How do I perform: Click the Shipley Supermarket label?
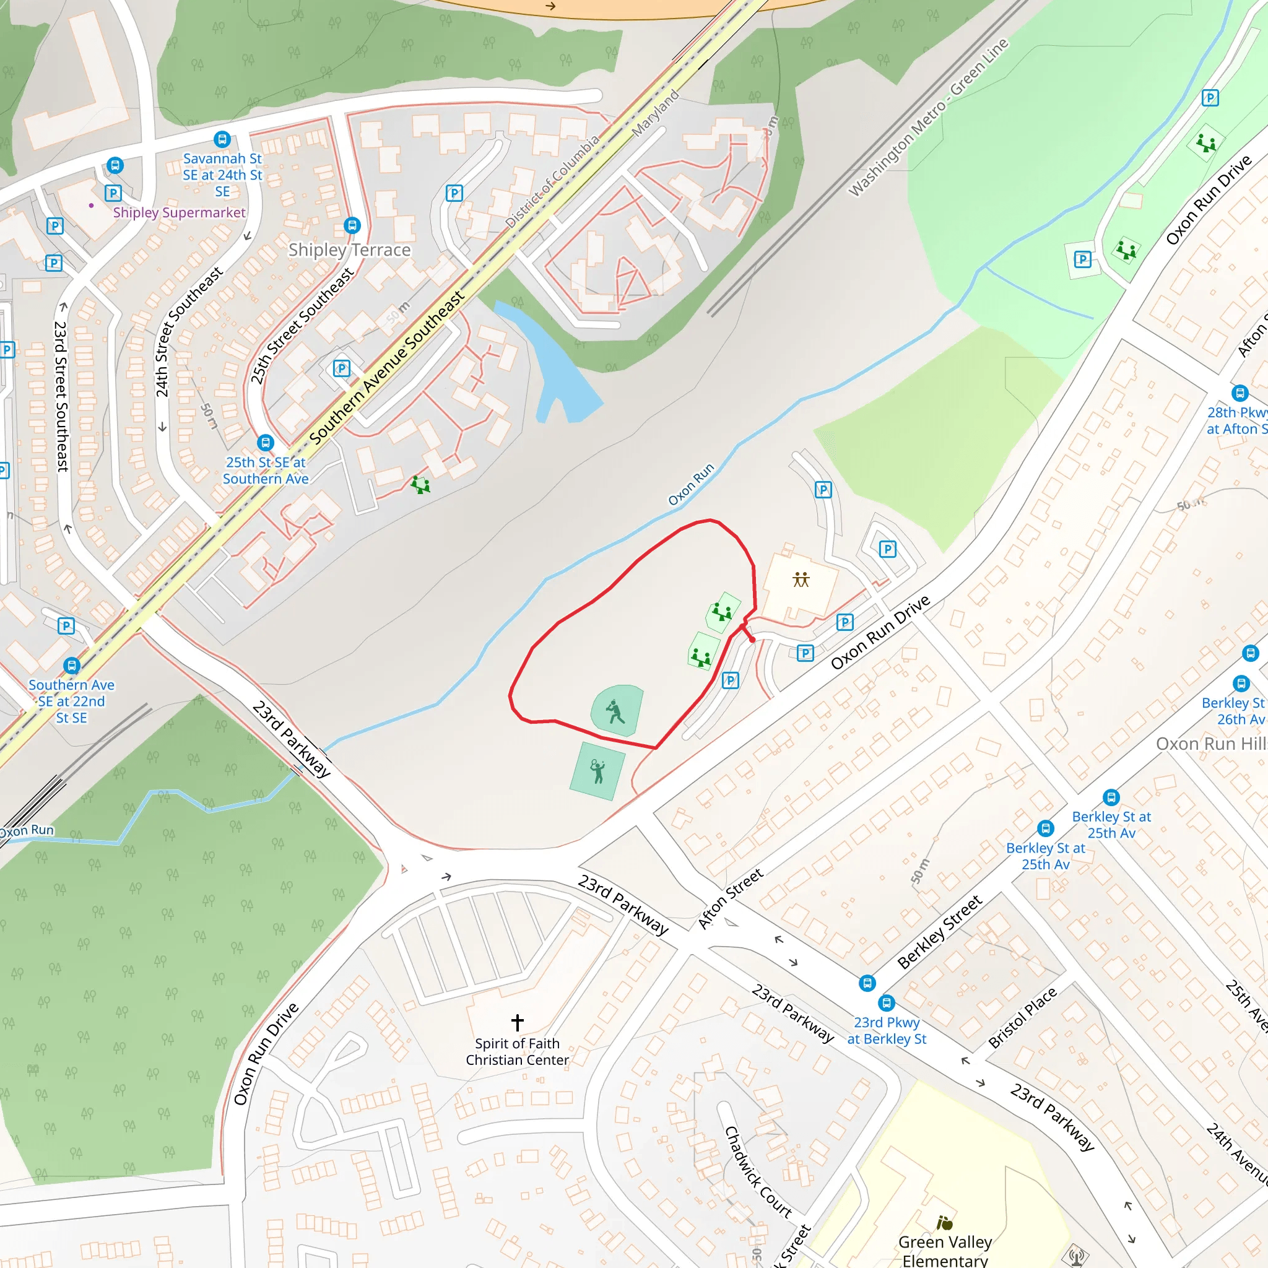[178, 212]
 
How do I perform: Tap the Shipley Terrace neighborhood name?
[349, 250]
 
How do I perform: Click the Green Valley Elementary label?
[944, 1251]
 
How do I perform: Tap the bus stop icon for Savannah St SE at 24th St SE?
[222, 139]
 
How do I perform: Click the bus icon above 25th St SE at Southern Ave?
[265, 442]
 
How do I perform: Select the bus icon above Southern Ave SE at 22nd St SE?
[72, 666]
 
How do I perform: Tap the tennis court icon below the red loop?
[597, 772]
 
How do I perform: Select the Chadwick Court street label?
[757, 1172]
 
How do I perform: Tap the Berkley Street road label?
[939, 932]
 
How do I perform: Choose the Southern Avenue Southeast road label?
[386, 367]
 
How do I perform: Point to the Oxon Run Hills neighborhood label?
[1211, 744]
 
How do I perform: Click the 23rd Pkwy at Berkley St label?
[886, 1030]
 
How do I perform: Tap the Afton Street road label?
[730, 898]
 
